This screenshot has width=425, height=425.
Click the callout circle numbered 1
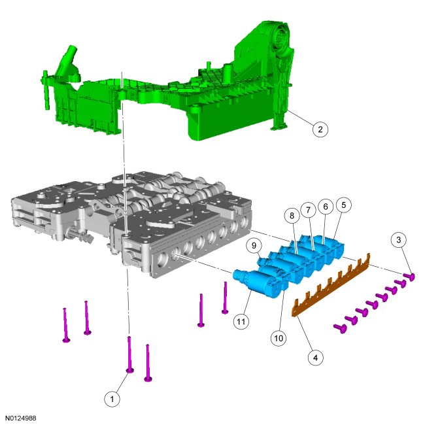pyautogui.click(x=112, y=399)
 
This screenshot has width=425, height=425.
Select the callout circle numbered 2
pyautogui.click(x=320, y=129)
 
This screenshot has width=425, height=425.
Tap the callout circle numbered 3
pyautogui.click(x=398, y=239)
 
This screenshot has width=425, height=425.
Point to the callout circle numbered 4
pyautogui.click(x=316, y=358)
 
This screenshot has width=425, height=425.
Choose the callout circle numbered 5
pyautogui.click(x=343, y=205)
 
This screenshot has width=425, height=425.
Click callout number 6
pyautogui.click(x=326, y=207)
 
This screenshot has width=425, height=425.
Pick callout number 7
pyautogui.click(x=308, y=210)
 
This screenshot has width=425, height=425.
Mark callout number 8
pyautogui.click(x=292, y=216)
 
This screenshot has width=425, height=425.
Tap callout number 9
pyautogui.click(x=254, y=246)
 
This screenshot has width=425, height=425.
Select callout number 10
pyautogui.click(x=279, y=338)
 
